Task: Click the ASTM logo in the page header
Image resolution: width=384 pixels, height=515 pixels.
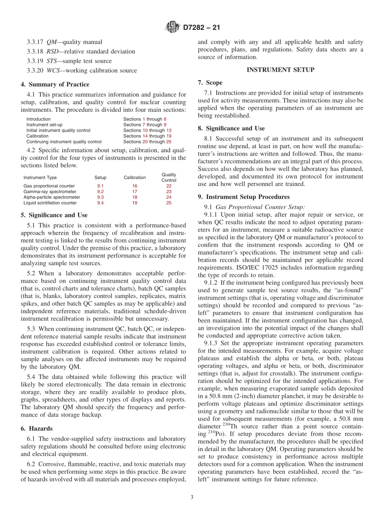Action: coord(173,28)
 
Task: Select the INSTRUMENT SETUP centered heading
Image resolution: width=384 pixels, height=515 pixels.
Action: coord(280,70)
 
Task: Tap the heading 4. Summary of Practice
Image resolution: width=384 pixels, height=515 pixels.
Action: coord(55,84)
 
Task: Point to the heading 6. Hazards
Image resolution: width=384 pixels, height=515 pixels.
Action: coord(37,428)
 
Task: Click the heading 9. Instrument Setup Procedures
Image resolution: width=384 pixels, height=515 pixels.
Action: coord(244,197)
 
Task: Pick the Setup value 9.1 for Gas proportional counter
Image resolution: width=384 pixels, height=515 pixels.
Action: coord(100,186)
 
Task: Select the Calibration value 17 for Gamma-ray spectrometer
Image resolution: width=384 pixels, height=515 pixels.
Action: coord(135,192)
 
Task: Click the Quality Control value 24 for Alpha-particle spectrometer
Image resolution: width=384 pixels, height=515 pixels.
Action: coord(169,197)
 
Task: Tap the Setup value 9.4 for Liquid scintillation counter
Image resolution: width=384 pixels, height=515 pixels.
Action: coord(100,203)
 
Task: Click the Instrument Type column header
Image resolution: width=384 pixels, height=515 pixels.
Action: coord(40,177)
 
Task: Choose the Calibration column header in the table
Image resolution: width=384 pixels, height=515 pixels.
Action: coord(135,177)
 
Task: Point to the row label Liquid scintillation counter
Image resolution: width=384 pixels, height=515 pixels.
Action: coord(50,203)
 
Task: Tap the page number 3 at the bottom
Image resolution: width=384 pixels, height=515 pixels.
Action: coord(192,497)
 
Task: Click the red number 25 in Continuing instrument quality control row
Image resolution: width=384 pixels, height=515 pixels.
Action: coord(169,142)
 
